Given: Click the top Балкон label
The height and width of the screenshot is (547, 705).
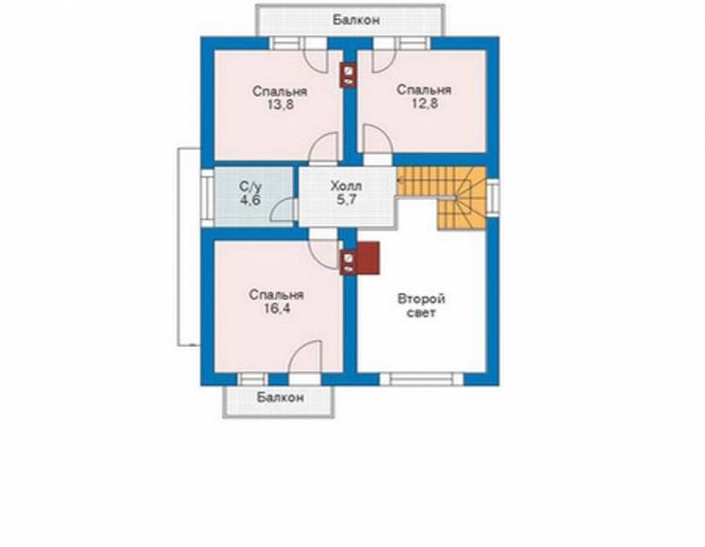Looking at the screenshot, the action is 357,20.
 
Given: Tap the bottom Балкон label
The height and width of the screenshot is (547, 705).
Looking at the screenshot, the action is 280,397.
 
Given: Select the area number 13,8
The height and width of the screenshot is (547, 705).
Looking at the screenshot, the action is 279,105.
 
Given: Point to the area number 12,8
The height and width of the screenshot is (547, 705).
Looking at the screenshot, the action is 425,104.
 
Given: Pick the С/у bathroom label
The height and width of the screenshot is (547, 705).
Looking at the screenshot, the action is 251,186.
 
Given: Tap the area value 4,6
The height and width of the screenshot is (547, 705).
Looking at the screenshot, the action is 250,200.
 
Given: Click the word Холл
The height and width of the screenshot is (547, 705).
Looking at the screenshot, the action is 346,186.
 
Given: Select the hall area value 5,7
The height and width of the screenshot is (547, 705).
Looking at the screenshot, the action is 346,200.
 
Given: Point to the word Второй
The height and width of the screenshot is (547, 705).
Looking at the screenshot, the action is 421,300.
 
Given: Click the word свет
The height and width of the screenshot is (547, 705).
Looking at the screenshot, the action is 421,313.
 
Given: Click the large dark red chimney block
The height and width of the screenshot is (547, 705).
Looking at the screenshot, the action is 368,257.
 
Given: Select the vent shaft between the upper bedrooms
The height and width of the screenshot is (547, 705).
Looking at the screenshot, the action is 348,75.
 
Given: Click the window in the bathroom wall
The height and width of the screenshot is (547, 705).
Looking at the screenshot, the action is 207,197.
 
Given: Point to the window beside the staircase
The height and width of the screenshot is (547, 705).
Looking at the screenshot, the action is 493,197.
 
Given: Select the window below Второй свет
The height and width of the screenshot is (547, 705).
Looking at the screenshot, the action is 421,379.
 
